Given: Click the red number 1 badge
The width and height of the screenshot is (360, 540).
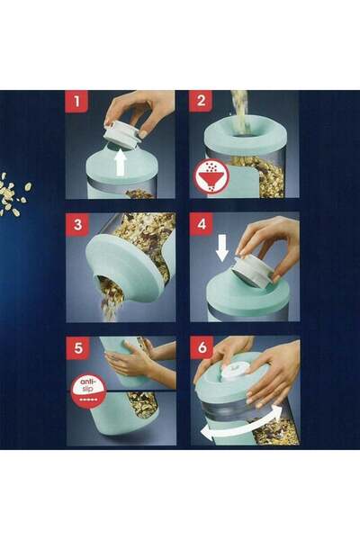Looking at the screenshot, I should point(76,102).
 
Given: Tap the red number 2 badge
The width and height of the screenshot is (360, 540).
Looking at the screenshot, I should point(201,102).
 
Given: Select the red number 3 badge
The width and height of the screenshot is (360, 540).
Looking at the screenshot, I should point(76,224).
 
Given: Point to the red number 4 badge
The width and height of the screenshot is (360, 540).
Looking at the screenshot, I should point(201,224).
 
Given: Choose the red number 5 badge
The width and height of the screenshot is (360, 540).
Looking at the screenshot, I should point(76,347).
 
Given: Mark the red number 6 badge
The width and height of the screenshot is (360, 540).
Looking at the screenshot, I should point(201,347).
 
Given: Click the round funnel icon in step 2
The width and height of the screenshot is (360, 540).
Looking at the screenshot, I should point(211,175).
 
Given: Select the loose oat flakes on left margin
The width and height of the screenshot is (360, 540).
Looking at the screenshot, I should point(15,193).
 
